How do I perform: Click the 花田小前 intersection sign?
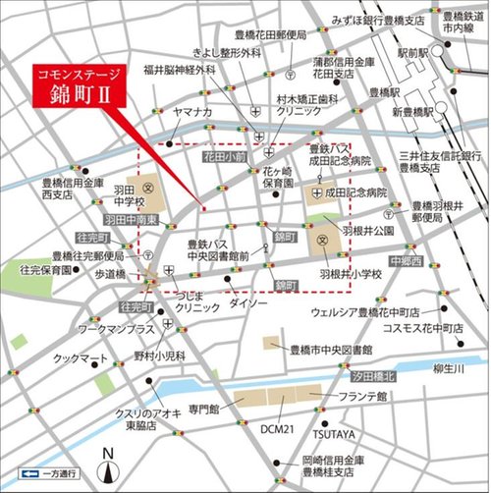pos(225,156)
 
